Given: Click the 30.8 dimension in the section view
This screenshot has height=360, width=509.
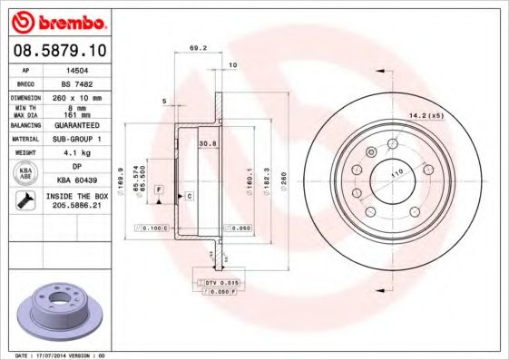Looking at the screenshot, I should pos(205,142).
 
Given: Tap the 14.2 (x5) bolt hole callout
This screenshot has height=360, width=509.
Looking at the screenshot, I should pos(426,115).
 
